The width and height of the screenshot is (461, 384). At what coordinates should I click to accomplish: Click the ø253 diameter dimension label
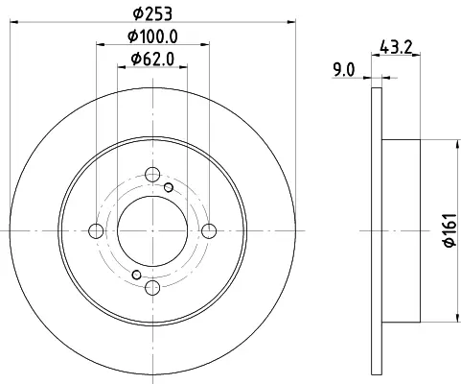[x=152, y=13]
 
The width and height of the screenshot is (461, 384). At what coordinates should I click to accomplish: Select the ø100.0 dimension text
[x=152, y=36]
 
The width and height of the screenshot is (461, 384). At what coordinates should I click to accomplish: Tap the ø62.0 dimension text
[x=152, y=60]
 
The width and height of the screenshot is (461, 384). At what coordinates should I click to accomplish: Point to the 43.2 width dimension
[x=396, y=47]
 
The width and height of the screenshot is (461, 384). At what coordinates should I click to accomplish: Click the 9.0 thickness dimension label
[x=344, y=70]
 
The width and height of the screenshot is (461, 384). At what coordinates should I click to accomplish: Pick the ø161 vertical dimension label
[x=450, y=229]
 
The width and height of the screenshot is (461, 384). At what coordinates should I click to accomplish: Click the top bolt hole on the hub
[x=152, y=175]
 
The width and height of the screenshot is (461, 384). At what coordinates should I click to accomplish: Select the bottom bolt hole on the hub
[x=152, y=287]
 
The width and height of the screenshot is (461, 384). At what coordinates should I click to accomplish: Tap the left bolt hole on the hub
[x=96, y=231]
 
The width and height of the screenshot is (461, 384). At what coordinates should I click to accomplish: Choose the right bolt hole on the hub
[x=209, y=231]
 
